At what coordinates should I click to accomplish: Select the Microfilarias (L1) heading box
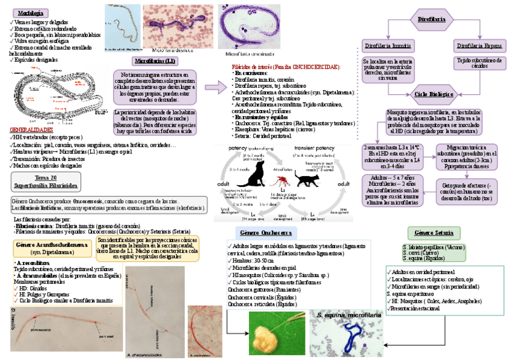click(155, 61)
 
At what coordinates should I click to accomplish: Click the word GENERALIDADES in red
click(31, 129)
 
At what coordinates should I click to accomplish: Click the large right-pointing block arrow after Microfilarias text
click(214, 88)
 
